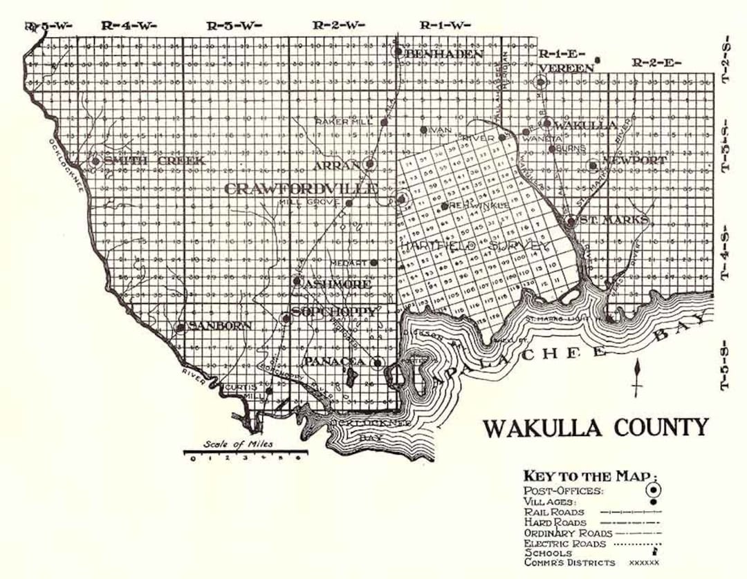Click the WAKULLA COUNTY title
tap(596, 428)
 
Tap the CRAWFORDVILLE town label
tap(302, 189)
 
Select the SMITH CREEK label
tap(156, 161)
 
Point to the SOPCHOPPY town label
tap(335, 312)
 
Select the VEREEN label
tap(566, 67)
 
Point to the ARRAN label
tap(337, 166)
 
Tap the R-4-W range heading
tap(129, 26)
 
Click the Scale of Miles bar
tap(246, 453)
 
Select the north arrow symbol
tap(636, 377)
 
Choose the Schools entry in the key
tap(548, 553)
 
